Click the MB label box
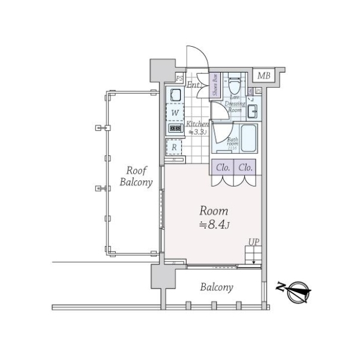pos(263,76)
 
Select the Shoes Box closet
pos(215,85)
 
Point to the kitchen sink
pos(175,95)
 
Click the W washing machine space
pos(175,112)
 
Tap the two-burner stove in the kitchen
pos(175,128)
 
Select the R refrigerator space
pos(175,146)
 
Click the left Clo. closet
pos(221,167)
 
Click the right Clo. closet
pos(244,167)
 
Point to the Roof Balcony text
pos(136,176)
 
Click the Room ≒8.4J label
pos(213,217)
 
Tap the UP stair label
pos(254,242)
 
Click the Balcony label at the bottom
pos(216,287)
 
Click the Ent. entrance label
pos(193,85)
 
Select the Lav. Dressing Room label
pos(235,104)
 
